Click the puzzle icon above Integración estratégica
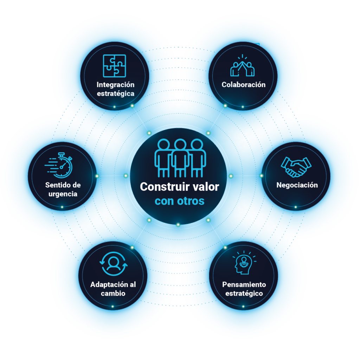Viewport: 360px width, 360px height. pyautogui.click(x=114, y=66)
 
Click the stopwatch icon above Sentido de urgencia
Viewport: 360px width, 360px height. pyautogui.click(x=59, y=165)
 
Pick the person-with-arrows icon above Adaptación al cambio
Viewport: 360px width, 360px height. pyautogui.click(x=114, y=264)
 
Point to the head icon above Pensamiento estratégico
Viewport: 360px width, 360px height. pyautogui.click(x=244, y=263)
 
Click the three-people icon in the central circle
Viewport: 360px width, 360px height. pyautogui.click(x=180, y=158)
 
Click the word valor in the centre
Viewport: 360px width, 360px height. pyautogui.click(x=206, y=187)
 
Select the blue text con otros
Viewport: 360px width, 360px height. pyautogui.click(x=180, y=201)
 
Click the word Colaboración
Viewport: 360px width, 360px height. pyautogui.click(x=244, y=85)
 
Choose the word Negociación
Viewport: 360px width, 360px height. pyautogui.click(x=297, y=185)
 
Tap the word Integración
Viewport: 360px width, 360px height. pyautogui.click(x=115, y=85)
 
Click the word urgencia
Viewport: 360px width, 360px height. pyautogui.click(x=63, y=194)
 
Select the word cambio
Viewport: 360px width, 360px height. pyautogui.click(x=113, y=294)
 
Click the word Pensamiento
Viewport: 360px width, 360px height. pyautogui.click(x=244, y=284)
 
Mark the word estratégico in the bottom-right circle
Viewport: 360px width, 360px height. pyautogui.click(x=244, y=294)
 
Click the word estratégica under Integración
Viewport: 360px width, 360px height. pyautogui.click(x=115, y=94)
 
